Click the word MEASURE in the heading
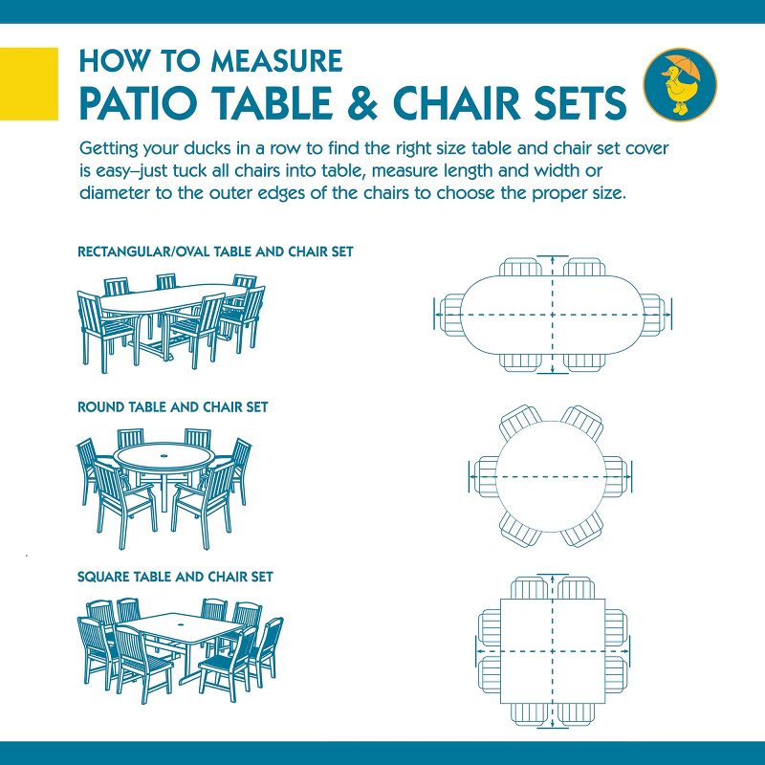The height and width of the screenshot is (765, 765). pos(277,62)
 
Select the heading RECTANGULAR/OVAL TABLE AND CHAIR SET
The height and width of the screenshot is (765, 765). pos(215,252)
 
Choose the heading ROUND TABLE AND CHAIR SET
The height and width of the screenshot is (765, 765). pos(172,407)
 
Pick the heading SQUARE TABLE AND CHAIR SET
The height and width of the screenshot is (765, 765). pos(175,577)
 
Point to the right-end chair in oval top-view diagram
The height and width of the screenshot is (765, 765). pos(653,313)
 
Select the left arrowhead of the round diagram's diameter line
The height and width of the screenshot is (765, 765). pos(473,475)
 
